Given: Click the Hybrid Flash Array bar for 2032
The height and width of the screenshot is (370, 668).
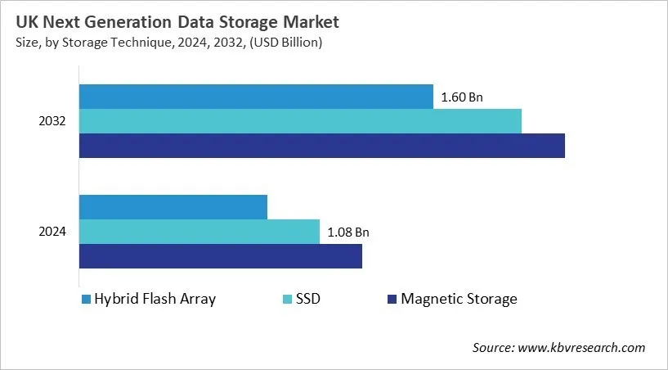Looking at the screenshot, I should click(256, 97).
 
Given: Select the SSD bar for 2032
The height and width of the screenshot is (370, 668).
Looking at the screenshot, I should click(300, 121).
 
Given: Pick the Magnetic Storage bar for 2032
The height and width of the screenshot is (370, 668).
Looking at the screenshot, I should click(321, 146).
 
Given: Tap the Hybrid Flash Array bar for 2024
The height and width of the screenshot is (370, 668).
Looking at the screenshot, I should click(173, 207).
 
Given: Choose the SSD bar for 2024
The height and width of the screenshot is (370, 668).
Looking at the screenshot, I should click(199, 232).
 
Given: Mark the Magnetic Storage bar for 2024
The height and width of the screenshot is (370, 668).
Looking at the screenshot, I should click(220, 256).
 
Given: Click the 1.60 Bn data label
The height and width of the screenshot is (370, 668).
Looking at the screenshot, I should click(462, 97).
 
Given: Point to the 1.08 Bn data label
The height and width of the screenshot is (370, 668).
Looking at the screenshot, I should click(348, 232).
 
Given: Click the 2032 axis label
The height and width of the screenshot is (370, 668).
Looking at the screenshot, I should click(52, 121).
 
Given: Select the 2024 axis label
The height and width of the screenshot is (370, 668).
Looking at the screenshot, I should click(52, 232).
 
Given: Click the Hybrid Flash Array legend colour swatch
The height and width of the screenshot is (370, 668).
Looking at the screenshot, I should click(85, 299).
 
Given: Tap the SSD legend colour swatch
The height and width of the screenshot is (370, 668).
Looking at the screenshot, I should click(286, 299).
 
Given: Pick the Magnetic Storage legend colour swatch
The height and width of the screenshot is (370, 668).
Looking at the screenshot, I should click(392, 299).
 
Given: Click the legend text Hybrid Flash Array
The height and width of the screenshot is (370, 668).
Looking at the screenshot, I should click(155, 299).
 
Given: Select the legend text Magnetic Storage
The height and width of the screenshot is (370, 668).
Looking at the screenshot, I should click(459, 299).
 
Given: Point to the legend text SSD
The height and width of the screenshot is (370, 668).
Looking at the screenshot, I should click(307, 299).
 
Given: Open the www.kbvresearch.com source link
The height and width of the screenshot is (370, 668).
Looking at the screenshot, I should click(582, 348).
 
